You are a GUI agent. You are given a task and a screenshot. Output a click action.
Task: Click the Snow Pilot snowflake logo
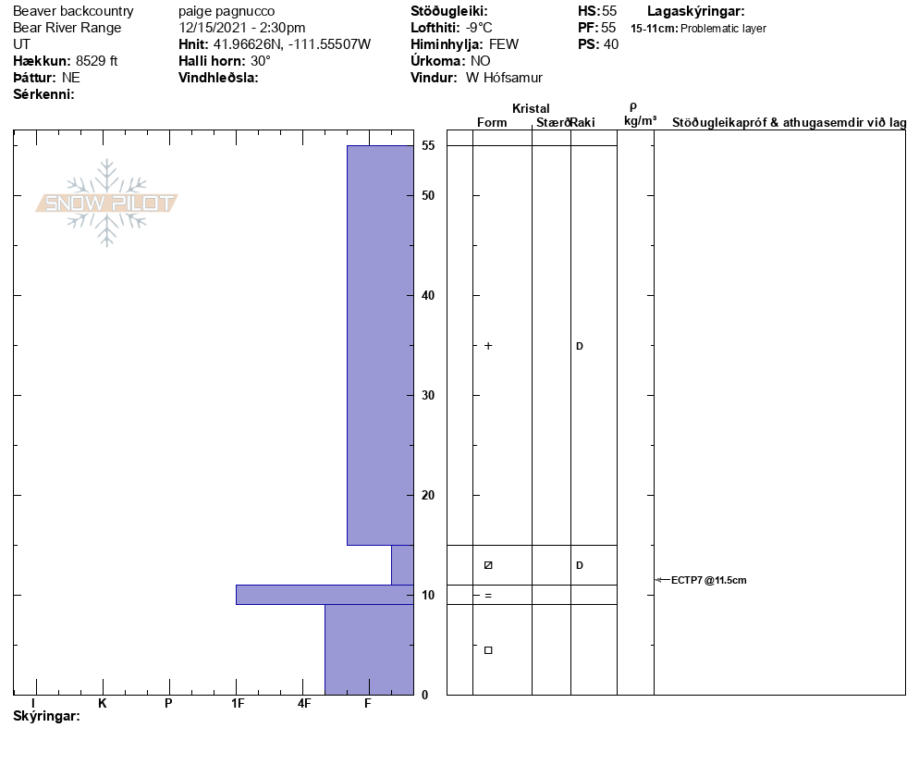[106, 203]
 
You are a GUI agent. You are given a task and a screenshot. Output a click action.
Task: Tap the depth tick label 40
[428, 296]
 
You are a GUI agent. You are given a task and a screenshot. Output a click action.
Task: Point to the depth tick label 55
[428, 145]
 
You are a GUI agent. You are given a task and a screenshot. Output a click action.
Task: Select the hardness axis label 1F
[238, 703]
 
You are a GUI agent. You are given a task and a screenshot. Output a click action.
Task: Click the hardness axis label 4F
[303, 703]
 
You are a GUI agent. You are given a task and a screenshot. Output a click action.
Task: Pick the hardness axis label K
[102, 703]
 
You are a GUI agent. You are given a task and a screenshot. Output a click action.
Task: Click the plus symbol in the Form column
[488, 346]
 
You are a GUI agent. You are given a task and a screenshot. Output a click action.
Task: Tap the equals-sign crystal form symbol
[488, 596]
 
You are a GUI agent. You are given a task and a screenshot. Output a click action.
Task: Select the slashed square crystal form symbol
[488, 565]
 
